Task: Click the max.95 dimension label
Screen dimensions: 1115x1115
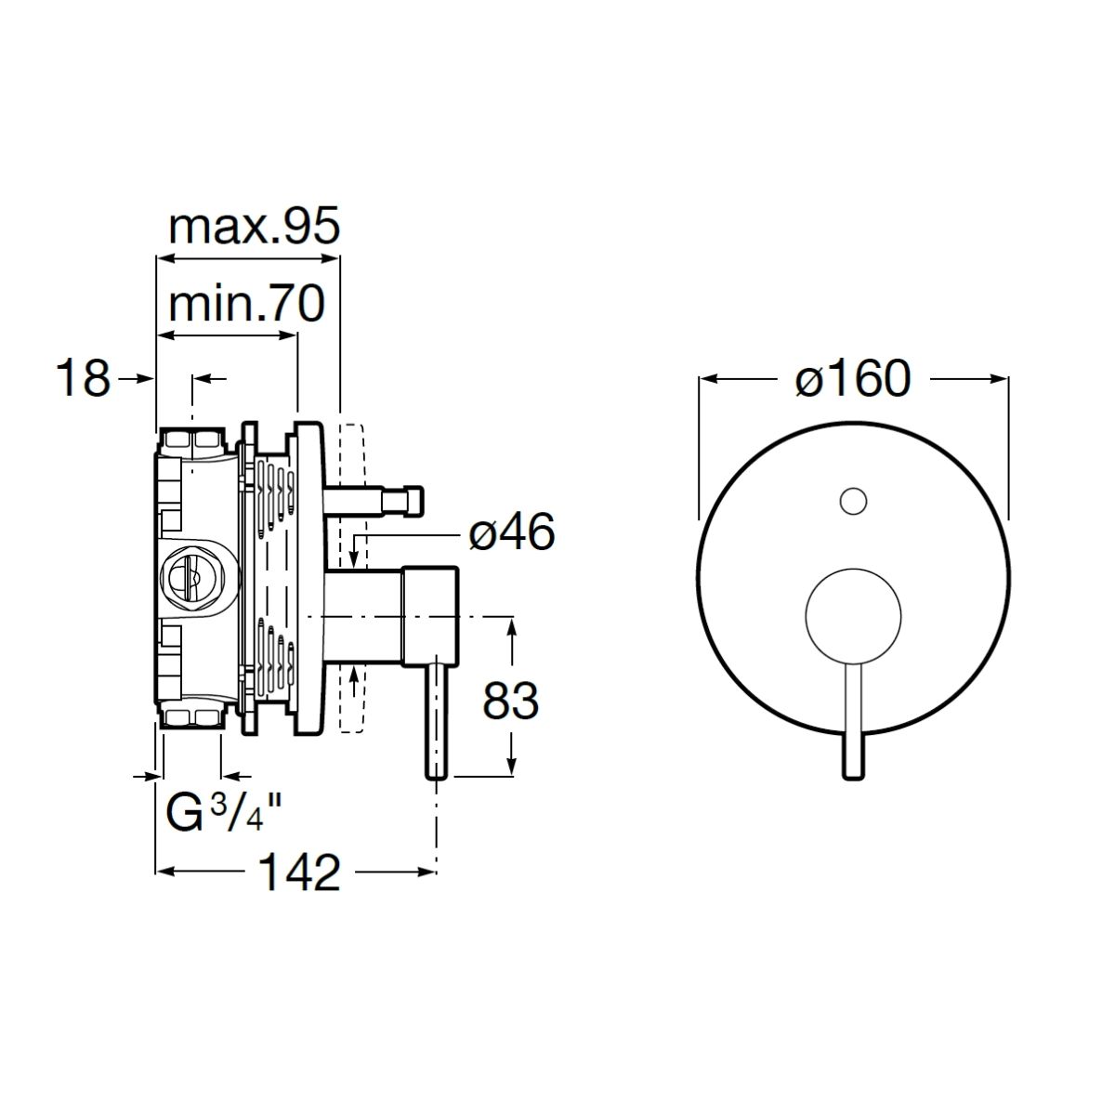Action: [254, 228]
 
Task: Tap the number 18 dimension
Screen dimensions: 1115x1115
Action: [84, 378]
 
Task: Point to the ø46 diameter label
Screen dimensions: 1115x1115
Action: [512, 531]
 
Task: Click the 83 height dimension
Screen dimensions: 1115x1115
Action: [510, 701]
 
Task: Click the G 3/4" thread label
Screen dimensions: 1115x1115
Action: [224, 812]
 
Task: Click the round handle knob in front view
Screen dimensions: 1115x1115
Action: [853, 616]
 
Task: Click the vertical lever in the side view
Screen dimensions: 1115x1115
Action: [437, 719]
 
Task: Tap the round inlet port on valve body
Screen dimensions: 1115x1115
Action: [199, 580]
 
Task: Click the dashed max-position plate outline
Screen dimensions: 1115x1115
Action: [351, 579]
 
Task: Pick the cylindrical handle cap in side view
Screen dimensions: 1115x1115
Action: [431, 615]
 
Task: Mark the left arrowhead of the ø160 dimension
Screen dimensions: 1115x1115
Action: [708, 379]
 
